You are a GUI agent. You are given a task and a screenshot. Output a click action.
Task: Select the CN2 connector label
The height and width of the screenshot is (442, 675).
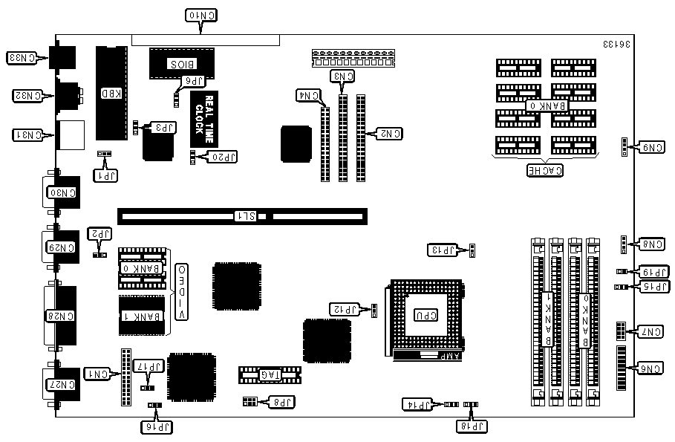[389, 134]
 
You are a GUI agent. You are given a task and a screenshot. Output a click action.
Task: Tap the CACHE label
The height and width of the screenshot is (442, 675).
[544, 171]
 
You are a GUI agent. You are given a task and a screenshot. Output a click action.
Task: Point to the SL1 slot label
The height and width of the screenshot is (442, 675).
[246, 217]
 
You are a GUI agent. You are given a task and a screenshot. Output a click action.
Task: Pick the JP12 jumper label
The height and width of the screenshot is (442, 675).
[345, 308]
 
